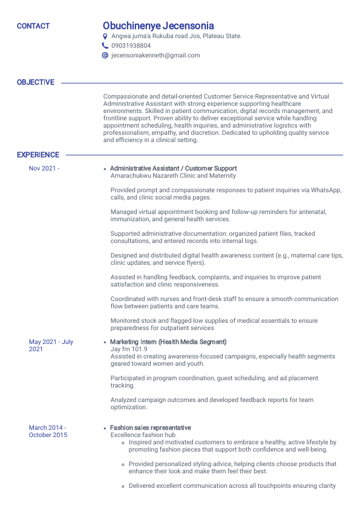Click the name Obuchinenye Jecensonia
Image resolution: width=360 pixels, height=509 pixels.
click(158, 26)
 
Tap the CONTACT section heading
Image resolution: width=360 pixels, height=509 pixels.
click(33, 26)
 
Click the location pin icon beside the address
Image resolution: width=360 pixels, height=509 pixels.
click(105, 36)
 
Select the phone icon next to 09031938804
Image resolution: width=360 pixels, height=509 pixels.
click(105, 45)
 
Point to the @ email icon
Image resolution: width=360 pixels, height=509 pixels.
click(105, 55)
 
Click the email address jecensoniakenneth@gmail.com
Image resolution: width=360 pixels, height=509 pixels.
click(155, 55)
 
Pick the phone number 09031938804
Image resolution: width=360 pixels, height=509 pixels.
click(131, 45)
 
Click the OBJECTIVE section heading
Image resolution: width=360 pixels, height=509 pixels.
click(36, 82)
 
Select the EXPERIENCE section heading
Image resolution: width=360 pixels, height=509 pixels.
click(38, 155)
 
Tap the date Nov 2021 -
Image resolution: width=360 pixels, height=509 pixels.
click(44, 169)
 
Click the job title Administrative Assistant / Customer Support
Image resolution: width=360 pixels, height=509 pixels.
click(174, 169)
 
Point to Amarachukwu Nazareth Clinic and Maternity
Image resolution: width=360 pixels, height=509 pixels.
click(173, 176)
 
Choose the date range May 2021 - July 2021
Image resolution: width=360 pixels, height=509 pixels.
click(51, 345)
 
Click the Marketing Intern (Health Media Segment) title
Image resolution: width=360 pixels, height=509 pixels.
click(168, 342)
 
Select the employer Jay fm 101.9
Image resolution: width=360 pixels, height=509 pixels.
click(129, 349)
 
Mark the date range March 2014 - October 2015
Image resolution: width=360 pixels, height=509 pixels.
click(48, 431)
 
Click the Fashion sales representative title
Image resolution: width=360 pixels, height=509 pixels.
click(151, 428)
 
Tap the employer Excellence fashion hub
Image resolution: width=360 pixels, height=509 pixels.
click(143, 435)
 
